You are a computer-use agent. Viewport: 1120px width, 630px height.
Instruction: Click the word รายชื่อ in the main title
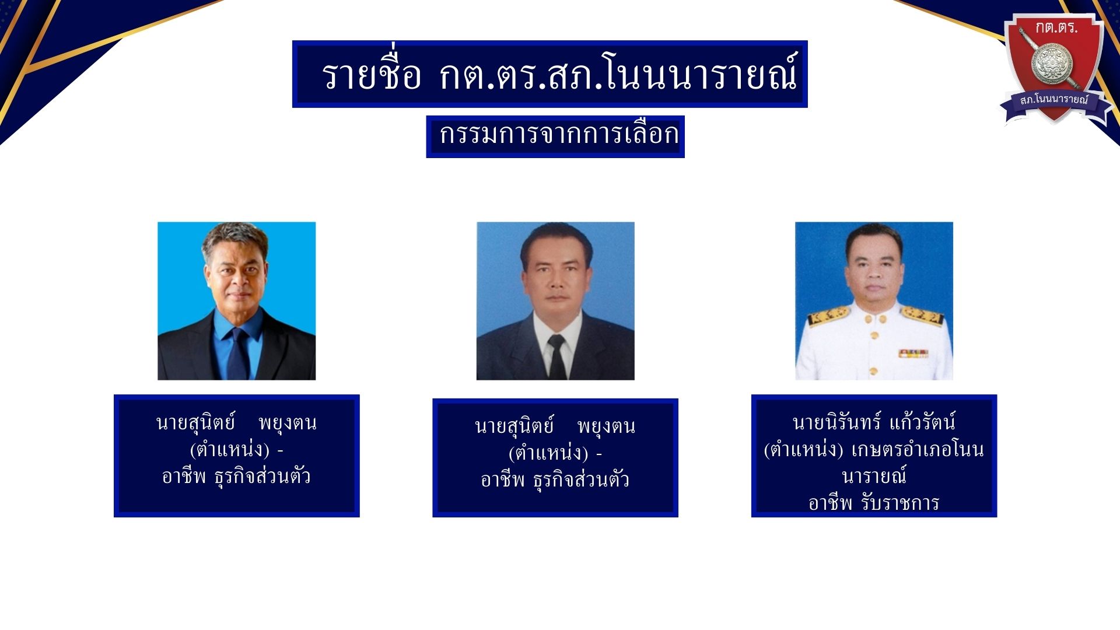point(371,74)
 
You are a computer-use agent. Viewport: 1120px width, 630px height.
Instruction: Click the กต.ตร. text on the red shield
point(1056,27)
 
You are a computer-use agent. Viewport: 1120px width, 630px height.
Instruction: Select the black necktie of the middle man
point(557,357)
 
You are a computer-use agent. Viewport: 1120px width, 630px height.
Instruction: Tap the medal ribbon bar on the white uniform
point(913,353)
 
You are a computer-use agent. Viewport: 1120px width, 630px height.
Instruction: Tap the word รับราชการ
point(901,502)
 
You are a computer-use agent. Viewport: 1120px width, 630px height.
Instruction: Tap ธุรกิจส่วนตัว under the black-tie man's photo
point(581,480)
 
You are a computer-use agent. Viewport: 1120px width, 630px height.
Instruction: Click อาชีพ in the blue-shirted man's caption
point(184,476)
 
